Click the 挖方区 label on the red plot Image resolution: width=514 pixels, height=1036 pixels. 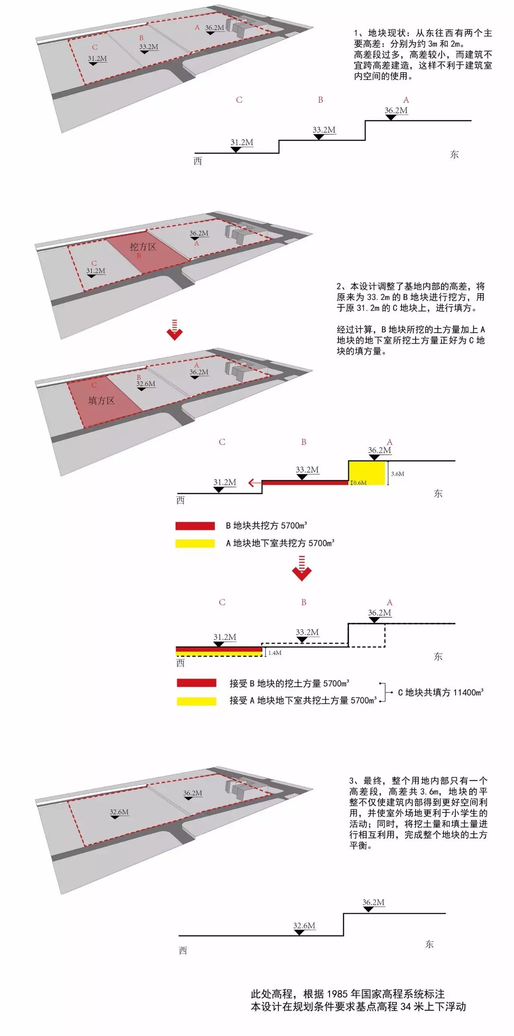click(x=143, y=247)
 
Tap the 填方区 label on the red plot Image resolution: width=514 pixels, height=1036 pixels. click(x=102, y=401)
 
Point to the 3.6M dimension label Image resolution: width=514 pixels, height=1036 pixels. click(x=397, y=474)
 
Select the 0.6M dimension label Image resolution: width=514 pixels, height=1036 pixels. click(x=359, y=483)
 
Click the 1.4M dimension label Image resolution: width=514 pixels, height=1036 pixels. click(x=275, y=653)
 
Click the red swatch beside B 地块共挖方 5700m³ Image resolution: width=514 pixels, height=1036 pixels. click(x=195, y=526)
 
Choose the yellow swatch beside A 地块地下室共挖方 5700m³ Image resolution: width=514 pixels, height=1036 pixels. click(x=195, y=543)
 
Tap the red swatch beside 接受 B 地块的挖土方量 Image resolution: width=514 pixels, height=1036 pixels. click(x=196, y=683)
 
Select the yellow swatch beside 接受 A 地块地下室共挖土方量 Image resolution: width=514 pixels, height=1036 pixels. click(x=196, y=701)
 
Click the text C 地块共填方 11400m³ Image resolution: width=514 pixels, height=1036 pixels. click(x=441, y=692)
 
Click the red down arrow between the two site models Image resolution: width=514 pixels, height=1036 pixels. click(x=175, y=330)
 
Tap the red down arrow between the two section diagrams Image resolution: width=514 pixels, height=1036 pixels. click(x=302, y=569)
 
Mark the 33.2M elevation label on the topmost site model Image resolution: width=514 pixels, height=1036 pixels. click(x=149, y=47)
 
